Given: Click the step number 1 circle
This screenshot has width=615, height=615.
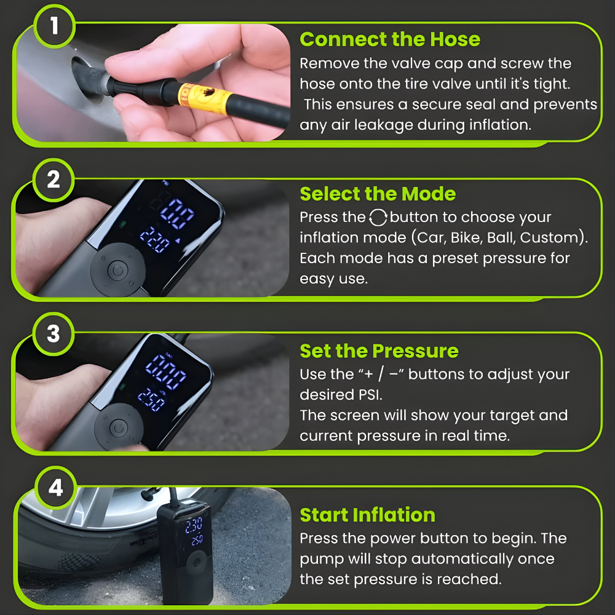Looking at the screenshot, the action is (54, 26).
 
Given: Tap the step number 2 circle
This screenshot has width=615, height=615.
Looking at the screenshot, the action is (54, 180).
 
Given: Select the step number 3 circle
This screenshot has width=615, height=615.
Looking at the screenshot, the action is (54, 334).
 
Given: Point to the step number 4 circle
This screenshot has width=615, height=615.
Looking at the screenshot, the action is (56, 488).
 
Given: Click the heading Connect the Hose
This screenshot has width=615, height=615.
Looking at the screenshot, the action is (390, 39).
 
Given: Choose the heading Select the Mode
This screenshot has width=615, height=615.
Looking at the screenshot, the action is (378, 194).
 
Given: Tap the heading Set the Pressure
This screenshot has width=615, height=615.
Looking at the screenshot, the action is (379, 351).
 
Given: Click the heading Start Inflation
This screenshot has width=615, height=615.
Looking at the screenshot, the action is (368, 515).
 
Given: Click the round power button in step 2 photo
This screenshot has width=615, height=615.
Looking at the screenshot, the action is (117, 270).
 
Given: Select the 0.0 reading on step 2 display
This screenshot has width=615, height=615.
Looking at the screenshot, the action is (177, 213).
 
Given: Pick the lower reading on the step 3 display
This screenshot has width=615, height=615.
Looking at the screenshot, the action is (151, 400).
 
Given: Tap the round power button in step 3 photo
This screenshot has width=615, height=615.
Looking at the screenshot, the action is (119, 428).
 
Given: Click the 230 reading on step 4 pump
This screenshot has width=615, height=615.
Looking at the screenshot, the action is (194, 525).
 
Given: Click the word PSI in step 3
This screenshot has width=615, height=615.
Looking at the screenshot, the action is (370, 395).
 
